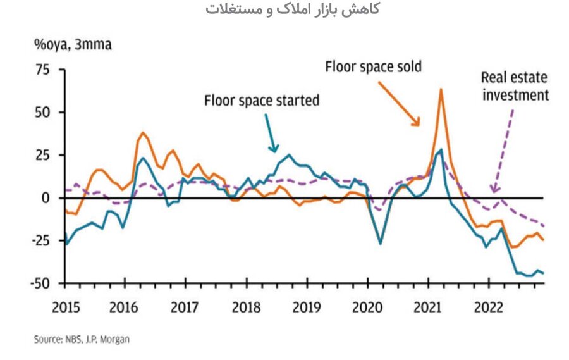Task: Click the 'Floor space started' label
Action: click(261, 100)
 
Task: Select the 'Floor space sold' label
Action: click(373, 66)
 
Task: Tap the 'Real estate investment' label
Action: click(514, 87)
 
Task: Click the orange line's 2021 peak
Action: click(441, 89)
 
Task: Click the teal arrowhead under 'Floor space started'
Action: click(274, 150)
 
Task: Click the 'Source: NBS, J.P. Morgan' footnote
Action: click(82, 340)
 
